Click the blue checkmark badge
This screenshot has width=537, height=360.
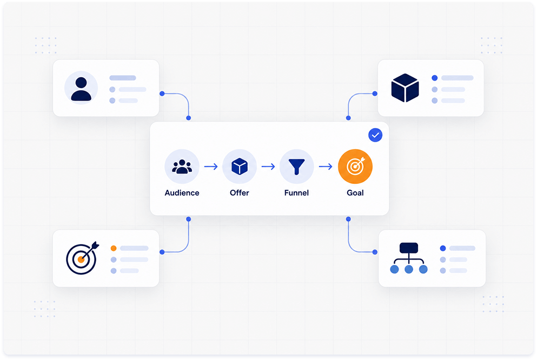(x=375, y=135)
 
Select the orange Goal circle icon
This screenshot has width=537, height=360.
(x=355, y=166)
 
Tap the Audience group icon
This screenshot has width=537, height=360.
(x=182, y=166)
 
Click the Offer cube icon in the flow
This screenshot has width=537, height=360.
(x=240, y=166)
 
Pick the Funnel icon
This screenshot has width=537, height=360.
(x=296, y=166)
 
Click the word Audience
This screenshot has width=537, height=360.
(x=182, y=193)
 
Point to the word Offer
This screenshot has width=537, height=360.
(x=240, y=193)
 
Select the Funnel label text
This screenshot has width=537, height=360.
(x=296, y=193)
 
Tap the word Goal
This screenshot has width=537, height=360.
(x=355, y=193)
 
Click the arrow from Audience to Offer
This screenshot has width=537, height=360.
(x=211, y=166)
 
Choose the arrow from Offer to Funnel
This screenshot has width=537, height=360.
(x=268, y=166)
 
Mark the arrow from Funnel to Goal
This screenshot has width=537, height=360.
(x=326, y=166)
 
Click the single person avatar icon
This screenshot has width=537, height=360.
(x=81, y=89)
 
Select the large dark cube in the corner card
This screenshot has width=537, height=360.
(x=405, y=88)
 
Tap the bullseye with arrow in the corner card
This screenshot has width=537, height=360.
(x=82, y=258)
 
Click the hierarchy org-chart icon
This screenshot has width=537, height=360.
(x=409, y=258)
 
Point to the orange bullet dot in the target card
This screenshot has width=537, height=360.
(x=114, y=248)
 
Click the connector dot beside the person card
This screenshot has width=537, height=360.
(x=162, y=94)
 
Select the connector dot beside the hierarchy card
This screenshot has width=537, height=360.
(x=375, y=252)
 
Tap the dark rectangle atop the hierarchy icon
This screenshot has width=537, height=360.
(x=409, y=248)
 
